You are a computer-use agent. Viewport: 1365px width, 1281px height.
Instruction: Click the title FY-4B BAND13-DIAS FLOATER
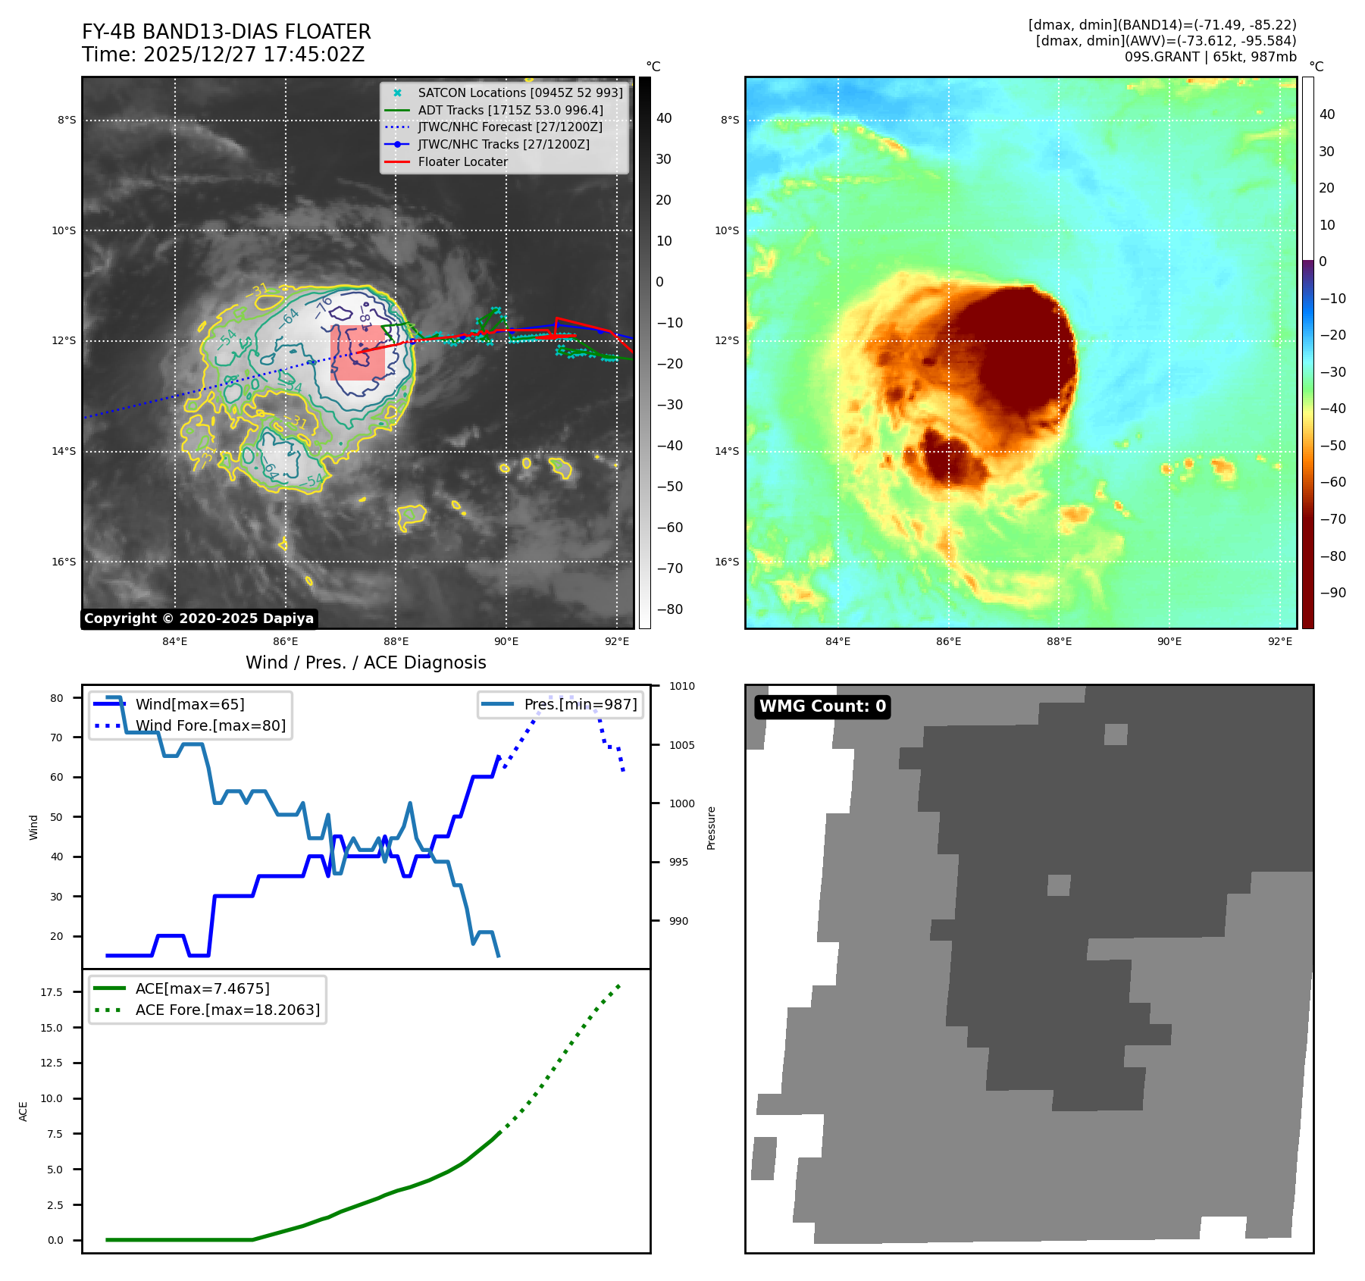[226, 32]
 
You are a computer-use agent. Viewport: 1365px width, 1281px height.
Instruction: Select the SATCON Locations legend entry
[520, 92]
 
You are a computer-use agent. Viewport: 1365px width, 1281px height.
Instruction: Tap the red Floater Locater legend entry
[462, 161]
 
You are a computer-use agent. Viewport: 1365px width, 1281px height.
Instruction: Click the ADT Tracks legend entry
[510, 110]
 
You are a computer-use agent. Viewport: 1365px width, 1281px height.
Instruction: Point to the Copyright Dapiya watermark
[199, 619]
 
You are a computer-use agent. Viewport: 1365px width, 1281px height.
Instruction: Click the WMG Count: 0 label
[822, 706]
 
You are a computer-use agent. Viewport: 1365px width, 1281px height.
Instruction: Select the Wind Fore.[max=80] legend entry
[210, 725]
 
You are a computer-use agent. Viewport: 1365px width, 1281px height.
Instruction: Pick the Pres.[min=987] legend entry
[580, 704]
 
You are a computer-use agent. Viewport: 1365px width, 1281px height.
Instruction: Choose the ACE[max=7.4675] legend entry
[202, 988]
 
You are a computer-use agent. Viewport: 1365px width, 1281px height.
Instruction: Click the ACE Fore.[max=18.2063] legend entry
[227, 1010]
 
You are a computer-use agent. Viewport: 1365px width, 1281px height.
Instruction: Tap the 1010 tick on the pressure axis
[681, 686]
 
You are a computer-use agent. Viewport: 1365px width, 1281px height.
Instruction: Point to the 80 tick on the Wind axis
[57, 698]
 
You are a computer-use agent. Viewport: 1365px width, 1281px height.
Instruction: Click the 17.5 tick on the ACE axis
[52, 992]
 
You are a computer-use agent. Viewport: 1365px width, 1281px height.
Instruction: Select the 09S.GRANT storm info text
[1210, 57]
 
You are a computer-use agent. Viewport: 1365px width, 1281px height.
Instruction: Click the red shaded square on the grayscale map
[358, 353]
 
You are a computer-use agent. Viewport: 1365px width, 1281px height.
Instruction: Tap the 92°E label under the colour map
[1279, 641]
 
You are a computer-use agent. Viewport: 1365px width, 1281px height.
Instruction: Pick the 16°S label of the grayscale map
[64, 562]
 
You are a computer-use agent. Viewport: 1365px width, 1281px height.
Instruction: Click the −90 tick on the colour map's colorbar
[1332, 593]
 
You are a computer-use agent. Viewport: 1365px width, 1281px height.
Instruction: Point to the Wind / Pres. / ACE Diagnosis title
[365, 662]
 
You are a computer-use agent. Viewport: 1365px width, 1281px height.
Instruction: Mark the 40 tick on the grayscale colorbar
[664, 118]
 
